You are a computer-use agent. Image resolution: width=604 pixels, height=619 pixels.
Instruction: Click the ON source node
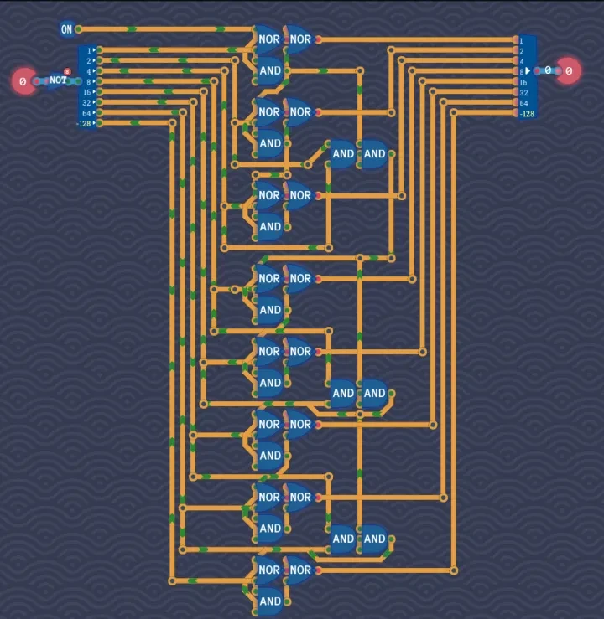[66, 29]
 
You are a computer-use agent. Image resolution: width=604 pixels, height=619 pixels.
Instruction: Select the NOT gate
[57, 80]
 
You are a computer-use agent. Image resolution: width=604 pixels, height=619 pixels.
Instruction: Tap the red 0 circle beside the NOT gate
[23, 81]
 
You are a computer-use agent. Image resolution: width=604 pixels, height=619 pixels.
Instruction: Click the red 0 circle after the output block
[569, 71]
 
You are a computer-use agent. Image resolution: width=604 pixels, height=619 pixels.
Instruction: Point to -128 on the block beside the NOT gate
[85, 123]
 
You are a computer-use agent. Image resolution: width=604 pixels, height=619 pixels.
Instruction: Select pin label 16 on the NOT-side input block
[86, 92]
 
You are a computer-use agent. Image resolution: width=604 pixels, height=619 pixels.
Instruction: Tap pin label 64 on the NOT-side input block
[86, 112]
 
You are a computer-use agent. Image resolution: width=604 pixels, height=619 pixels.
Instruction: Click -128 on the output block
[527, 113]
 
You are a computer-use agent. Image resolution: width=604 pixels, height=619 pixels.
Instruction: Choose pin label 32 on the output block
[523, 92]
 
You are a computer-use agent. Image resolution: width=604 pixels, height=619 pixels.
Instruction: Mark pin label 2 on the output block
[521, 51]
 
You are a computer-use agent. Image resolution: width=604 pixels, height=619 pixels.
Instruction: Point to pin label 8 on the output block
[521, 72]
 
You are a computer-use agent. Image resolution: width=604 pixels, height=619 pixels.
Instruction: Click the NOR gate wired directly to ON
[269, 39]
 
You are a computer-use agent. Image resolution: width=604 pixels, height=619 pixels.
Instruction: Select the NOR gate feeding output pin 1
[300, 39]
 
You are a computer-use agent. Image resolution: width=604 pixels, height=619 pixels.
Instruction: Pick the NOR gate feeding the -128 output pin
[300, 570]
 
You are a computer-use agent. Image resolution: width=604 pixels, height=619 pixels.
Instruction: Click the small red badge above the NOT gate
[66, 72]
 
